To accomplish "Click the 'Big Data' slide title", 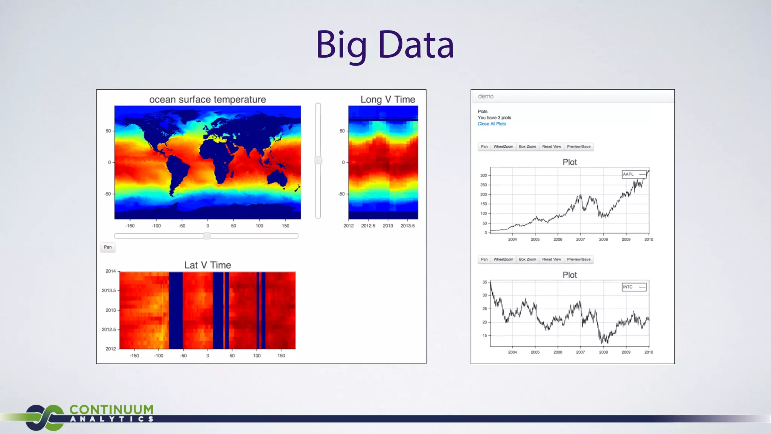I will pyautogui.click(x=385, y=45).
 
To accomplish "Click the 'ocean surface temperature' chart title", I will pyautogui.click(x=207, y=99).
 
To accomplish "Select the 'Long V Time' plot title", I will pyautogui.click(x=388, y=99).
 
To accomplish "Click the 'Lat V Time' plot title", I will pyautogui.click(x=207, y=265).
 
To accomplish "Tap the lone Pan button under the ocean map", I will pyautogui.click(x=108, y=247).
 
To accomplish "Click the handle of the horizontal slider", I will pyautogui.click(x=207, y=236).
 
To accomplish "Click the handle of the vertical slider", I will pyautogui.click(x=318, y=160).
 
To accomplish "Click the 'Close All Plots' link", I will pyautogui.click(x=492, y=124).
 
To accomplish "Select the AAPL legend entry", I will pyautogui.click(x=634, y=174).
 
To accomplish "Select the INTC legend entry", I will pyautogui.click(x=634, y=287).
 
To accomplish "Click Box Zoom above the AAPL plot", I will pyautogui.click(x=527, y=147).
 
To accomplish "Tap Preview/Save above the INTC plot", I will pyautogui.click(x=579, y=259).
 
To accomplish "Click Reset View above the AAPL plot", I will pyautogui.click(x=552, y=147).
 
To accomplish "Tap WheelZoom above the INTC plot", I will pyautogui.click(x=503, y=259).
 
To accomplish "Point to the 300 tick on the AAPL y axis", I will pyautogui.click(x=483, y=176).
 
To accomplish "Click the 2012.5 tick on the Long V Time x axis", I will pyautogui.click(x=368, y=226).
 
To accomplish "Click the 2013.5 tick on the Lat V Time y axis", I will pyautogui.click(x=108, y=290).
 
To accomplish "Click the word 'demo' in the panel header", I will pyautogui.click(x=486, y=96).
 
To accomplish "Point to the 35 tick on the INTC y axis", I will pyautogui.click(x=485, y=282).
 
